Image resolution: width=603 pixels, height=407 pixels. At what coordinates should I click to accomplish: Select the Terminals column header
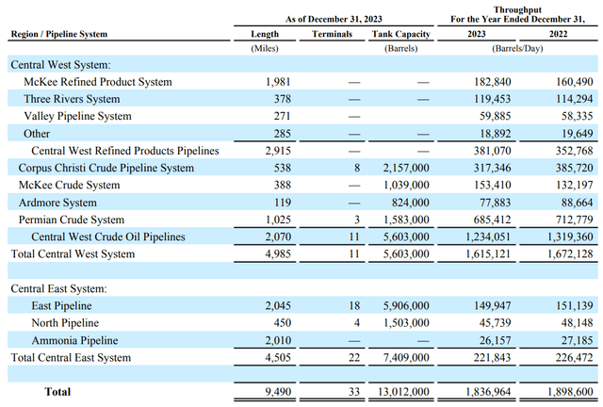click(x=332, y=34)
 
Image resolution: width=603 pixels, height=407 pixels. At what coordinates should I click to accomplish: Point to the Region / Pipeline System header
click(x=58, y=34)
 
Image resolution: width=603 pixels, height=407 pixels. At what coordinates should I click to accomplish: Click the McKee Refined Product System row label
click(x=98, y=82)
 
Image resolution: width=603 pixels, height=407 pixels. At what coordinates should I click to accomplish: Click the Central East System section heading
click(x=58, y=288)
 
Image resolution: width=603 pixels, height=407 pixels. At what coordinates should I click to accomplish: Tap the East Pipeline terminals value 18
click(x=346, y=305)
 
